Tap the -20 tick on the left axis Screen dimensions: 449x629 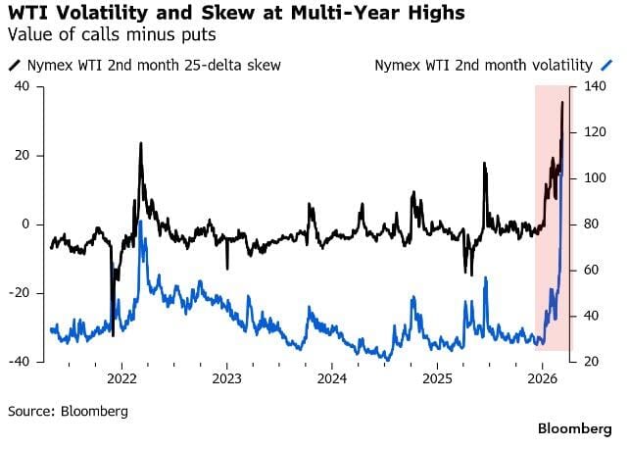[x=20, y=293]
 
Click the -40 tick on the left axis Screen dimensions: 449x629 [x=20, y=362]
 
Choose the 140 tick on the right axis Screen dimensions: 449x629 [x=594, y=86]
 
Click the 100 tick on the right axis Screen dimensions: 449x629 [x=594, y=178]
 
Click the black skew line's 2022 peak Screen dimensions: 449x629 [x=140, y=143]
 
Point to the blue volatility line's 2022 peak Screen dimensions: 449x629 [x=141, y=222]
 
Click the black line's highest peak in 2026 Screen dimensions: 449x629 [x=561, y=102]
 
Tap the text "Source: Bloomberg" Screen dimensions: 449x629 [x=68, y=411]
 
